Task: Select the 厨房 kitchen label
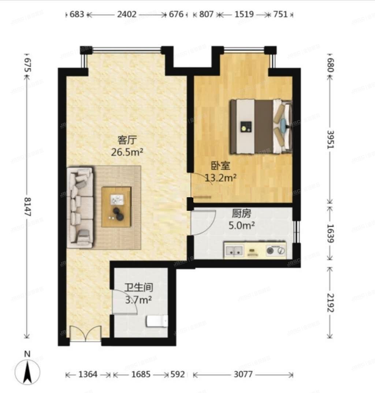tap(242, 213)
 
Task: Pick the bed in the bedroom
tap(260, 127)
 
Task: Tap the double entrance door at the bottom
tap(86, 334)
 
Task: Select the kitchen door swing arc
tap(201, 222)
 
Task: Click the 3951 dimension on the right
tap(331, 139)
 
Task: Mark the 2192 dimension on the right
tap(331, 302)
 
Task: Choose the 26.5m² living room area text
tap(127, 151)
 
